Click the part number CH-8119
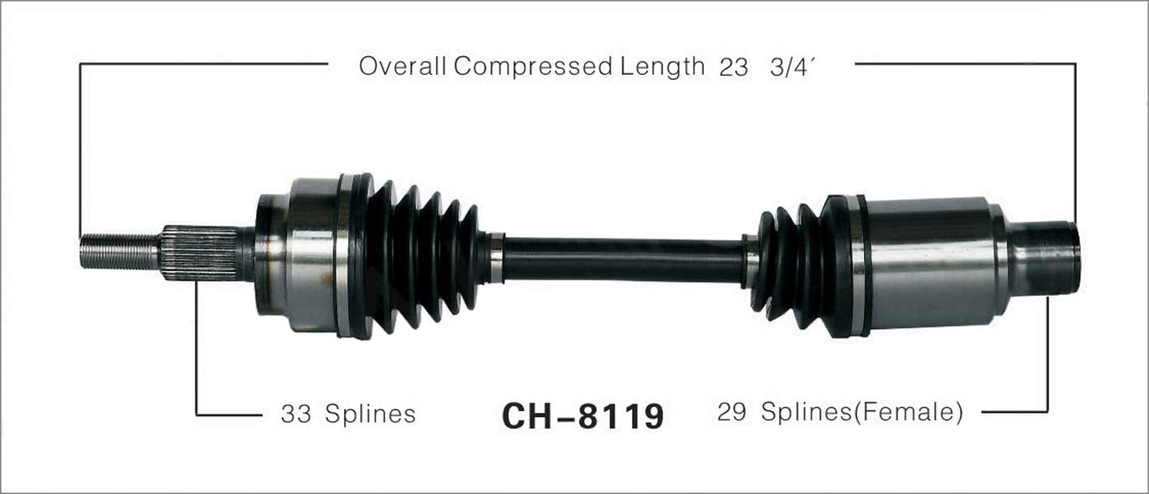[583, 416]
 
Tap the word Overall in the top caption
[404, 67]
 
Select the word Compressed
[534, 67]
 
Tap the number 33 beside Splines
[296, 415]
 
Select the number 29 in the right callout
[733, 412]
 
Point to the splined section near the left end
[199, 253]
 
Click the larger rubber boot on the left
[422, 256]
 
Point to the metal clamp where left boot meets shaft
[495, 258]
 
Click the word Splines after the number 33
[370, 415]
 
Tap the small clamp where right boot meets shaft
[750, 262]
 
